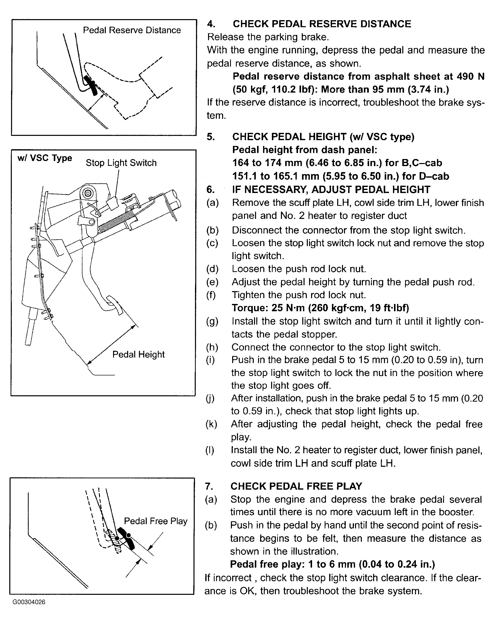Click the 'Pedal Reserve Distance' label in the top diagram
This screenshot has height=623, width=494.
132,30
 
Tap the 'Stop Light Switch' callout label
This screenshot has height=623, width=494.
121,163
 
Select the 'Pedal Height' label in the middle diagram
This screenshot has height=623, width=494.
138,354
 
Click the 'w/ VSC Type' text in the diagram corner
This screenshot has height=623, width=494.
45,158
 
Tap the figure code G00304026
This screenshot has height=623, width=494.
29,602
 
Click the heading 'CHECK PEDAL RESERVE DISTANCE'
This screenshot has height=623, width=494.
322,24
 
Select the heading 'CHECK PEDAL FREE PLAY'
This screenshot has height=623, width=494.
296,486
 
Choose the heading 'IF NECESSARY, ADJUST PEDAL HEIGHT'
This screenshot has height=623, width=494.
331,189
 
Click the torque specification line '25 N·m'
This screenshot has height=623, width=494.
320,308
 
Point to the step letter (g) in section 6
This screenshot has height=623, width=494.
212,321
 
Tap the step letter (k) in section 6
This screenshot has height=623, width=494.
212,424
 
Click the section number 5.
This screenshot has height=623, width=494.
211,137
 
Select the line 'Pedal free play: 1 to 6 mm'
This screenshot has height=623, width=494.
332,564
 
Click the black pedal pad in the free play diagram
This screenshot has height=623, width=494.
126,538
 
